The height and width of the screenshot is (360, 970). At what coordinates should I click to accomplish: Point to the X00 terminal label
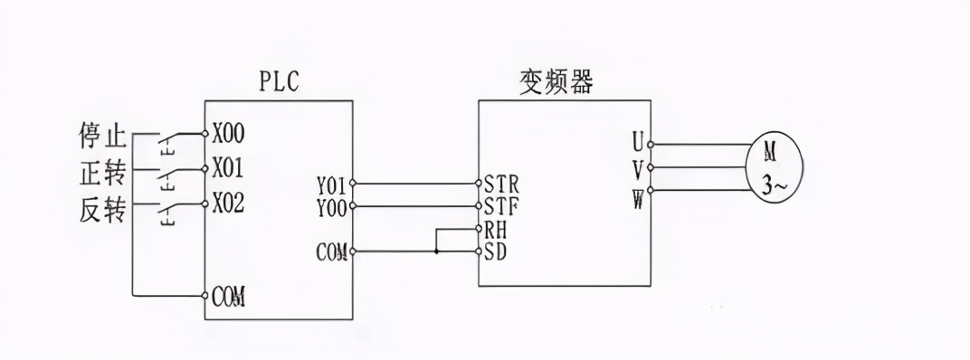point(229,135)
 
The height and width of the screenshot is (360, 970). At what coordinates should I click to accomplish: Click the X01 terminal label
point(229,168)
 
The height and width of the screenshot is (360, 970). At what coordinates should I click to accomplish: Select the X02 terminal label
point(229,203)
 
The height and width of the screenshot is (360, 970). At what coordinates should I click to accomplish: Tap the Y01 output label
point(332,185)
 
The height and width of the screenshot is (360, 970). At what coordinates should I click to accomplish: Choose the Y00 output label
point(332,207)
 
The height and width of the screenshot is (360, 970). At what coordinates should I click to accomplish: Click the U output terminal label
point(637,143)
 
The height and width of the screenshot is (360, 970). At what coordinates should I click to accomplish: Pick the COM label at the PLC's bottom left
point(232,296)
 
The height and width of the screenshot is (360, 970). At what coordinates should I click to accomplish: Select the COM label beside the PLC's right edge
point(332,251)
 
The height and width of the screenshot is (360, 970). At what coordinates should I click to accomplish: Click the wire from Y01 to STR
point(414,184)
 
